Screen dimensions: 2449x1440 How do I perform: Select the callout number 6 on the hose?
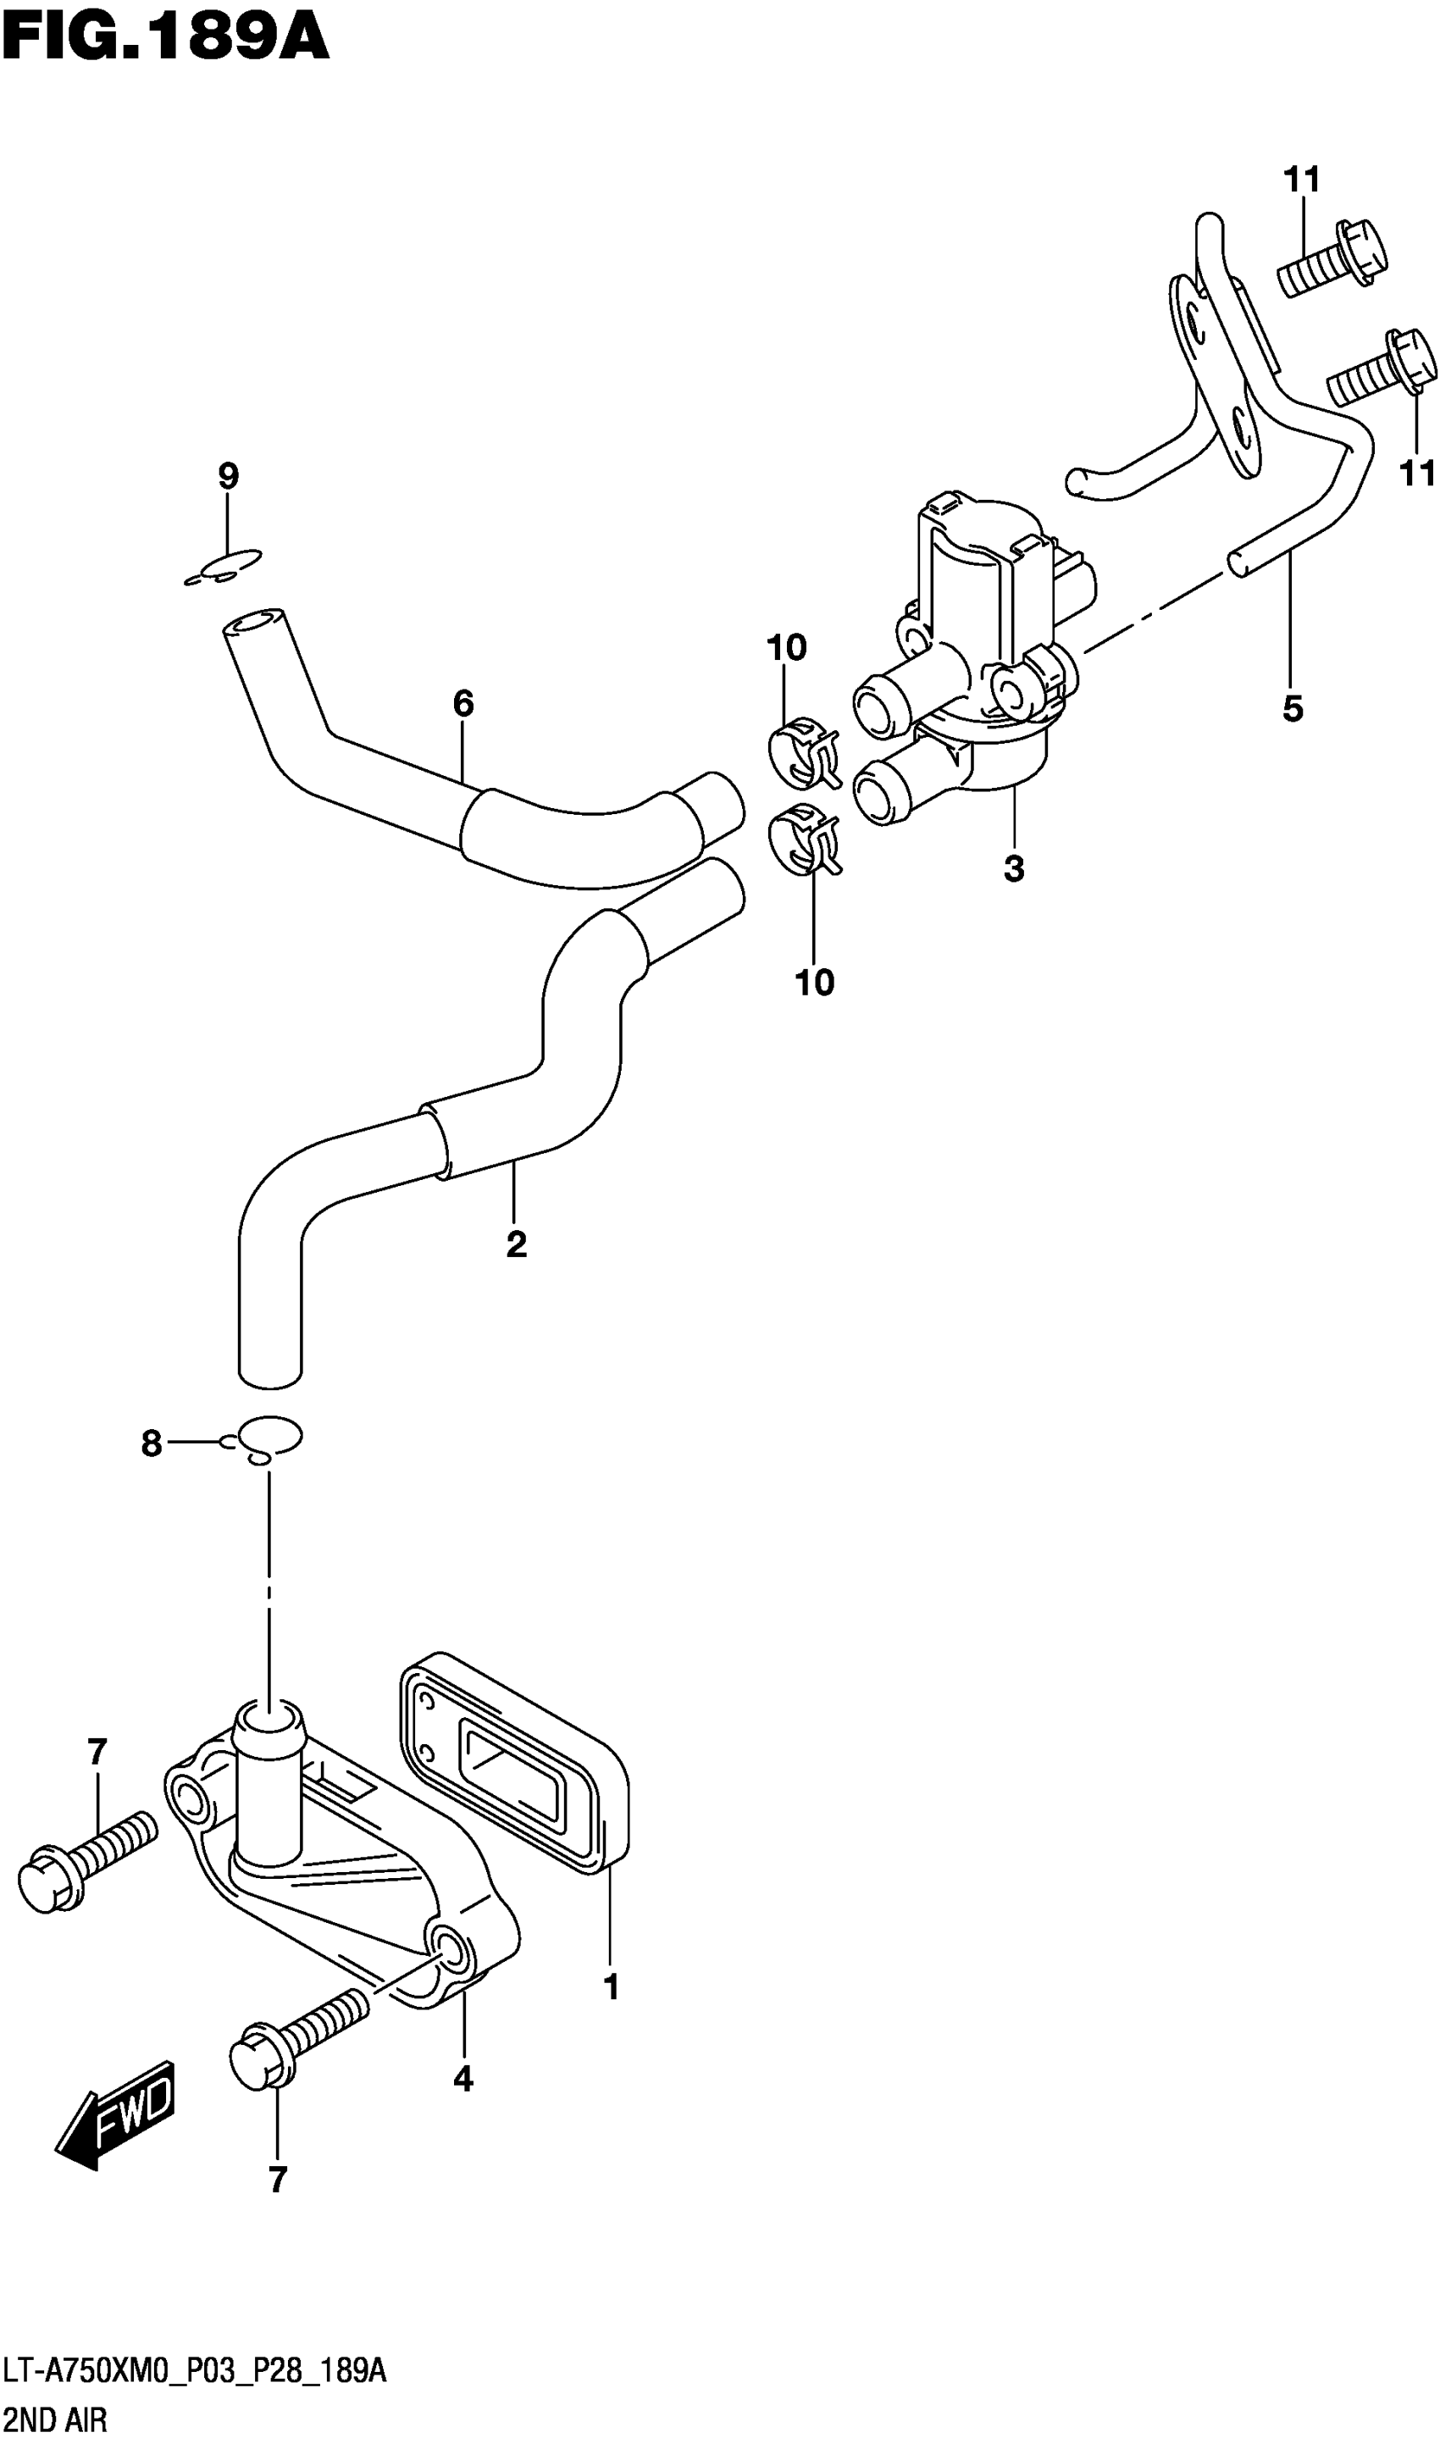[462, 704]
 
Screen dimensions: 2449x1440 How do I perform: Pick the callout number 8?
[152, 1443]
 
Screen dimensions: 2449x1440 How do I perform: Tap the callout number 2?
[516, 1244]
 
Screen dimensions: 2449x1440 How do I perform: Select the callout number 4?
[463, 2079]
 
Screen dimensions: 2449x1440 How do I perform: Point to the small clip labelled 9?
[224, 568]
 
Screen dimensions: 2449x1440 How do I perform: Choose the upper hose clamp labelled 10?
[803, 752]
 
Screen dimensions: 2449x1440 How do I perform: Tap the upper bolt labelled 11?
[1332, 257]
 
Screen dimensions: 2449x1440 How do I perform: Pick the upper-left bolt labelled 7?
[87, 1861]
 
